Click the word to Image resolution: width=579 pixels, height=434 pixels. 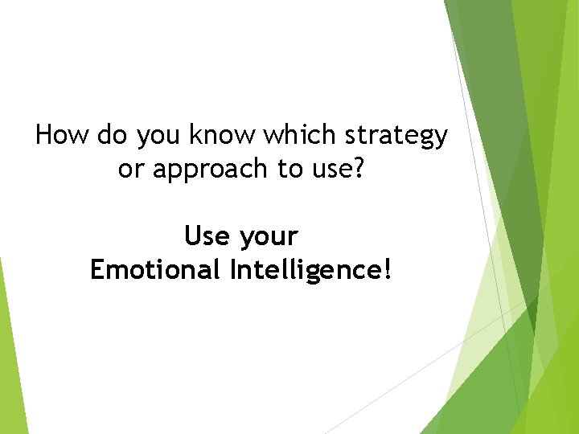pos(271,169)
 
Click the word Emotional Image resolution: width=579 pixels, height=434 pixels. pos(155,270)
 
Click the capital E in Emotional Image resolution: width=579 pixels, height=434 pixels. pos(97,270)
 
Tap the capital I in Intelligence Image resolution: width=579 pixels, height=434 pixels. pos(233,270)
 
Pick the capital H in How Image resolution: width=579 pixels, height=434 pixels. pos(44,135)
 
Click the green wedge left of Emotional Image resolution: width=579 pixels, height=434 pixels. pos(10,354)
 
